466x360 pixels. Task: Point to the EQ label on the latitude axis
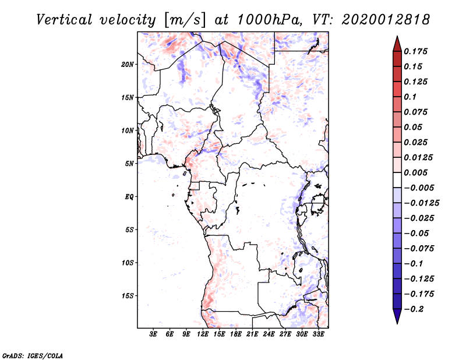pyautogui.click(x=129, y=197)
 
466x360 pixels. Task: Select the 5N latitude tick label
pyautogui.click(x=129, y=164)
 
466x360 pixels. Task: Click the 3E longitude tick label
pyautogui.click(x=153, y=334)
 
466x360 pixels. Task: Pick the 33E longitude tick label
pyautogui.click(x=318, y=334)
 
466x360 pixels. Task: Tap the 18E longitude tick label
pyautogui.click(x=235, y=334)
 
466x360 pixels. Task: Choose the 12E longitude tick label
pyautogui.click(x=203, y=334)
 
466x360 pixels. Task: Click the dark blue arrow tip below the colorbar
pyautogui.click(x=397, y=320)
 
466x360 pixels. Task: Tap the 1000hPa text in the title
pyautogui.click(x=266, y=19)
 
